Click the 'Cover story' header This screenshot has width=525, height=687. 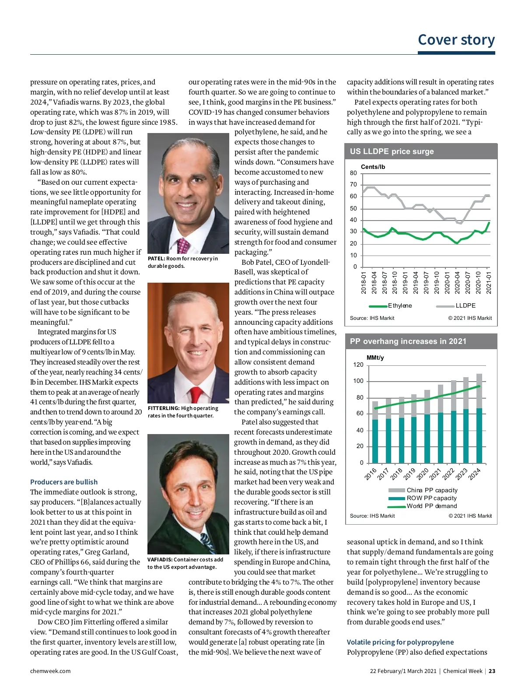coord(456,40)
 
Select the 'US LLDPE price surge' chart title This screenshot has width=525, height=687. coord(392,151)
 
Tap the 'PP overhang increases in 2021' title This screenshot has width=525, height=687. coord(408,341)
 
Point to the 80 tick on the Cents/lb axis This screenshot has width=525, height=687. coord(353,173)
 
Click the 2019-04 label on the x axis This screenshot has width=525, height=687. coord(416,282)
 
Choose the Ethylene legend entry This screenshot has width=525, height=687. coord(399,305)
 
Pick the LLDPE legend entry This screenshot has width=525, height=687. coord(465,305)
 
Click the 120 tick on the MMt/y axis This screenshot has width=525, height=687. coord(358,365)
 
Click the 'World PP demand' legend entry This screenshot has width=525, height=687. coord(431,506)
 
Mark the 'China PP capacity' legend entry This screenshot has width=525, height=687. coord(432,490)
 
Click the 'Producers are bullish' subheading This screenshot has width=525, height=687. coord(64,482)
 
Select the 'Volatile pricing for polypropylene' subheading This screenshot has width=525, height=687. coord(400,642)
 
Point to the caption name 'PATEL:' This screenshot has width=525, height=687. coord(156,259)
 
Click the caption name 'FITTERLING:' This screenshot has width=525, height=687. coord(164,408)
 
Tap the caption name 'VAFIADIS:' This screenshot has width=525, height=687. coord(160,560)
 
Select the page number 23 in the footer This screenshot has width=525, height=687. coord(492,671)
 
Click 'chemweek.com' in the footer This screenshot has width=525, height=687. coord(50,671)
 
